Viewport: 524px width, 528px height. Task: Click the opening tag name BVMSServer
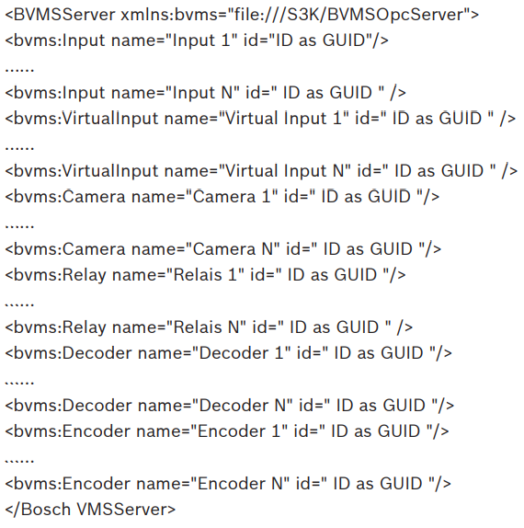[x=64, y=15]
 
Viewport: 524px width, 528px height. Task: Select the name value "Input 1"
[x=201, y=40]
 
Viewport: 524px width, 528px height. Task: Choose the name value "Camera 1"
[x=232, y=197]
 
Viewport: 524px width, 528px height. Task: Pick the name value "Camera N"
[x=233, y=249]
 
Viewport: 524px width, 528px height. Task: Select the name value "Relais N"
[x=206, y=327]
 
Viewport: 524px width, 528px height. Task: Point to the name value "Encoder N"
[x=240, y=484]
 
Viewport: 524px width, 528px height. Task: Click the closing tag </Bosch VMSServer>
[x=90, y=510]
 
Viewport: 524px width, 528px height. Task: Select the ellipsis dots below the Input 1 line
[x=19, y=70]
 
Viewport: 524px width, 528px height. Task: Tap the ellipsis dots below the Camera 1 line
[x=19, y=226]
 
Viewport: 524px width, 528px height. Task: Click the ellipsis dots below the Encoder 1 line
[x=19, y=461]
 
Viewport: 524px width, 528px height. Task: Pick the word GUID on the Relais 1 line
[x=356, y=275]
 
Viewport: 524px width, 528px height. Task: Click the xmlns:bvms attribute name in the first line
[x=145, y=15]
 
